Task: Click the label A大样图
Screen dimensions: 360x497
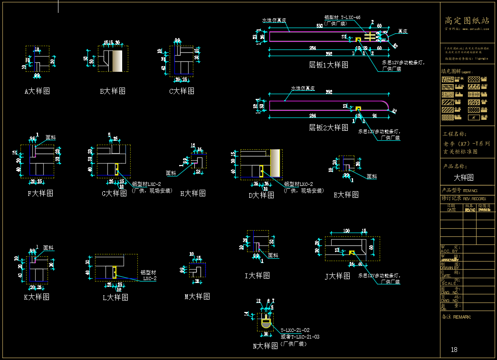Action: click(x=37, y=91)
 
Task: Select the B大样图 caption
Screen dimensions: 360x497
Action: click(x=113, y=91)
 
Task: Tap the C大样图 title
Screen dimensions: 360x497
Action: click(x=182, y=91)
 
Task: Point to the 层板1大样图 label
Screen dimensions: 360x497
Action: click(x=328, y=65)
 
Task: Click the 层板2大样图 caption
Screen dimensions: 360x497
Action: click(x=328, y=127)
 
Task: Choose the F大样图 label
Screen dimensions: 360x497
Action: click(x=40, y=193)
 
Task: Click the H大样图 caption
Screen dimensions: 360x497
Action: click(x=193, y=193)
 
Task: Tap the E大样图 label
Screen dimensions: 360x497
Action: click(x=346, y=195)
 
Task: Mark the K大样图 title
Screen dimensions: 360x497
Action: click(x=37, y=297)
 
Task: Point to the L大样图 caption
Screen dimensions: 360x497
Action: click(x=115, y=297)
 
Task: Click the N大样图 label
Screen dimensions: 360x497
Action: click(x=265, y=346)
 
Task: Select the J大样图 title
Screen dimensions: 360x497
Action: click(x=337, y=276)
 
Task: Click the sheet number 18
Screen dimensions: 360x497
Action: click(x=454, y=350)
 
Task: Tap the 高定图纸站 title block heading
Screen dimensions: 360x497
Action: click(x=467, y=20)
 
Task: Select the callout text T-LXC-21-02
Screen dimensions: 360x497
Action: click(x=295, y=330)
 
